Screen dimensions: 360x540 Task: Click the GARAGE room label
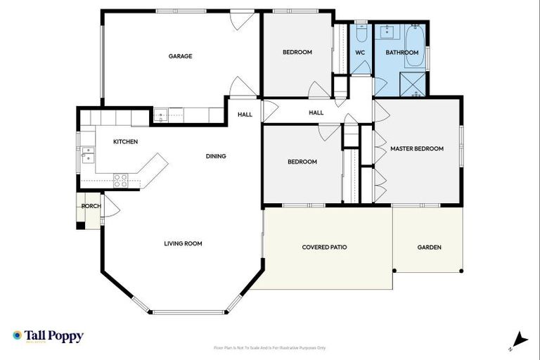[180, 56]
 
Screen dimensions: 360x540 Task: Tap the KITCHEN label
[125, 142]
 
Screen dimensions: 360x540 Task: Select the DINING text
[216, 156]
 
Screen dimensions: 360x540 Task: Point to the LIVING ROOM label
[183, 244]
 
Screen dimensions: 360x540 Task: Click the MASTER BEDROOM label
[417, 149]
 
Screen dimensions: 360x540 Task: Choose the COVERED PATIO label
[324, 247]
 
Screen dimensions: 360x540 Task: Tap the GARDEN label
[429, 247]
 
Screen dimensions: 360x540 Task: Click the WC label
[360, 53]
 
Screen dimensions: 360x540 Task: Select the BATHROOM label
[402, 53]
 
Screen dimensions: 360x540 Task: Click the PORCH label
[90, 206]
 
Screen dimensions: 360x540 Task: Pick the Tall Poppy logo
[48, 336]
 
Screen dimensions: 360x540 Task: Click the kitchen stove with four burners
[120, 181]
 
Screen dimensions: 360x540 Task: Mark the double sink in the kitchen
[86, 154]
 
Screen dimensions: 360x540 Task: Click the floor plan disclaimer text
[270, 348]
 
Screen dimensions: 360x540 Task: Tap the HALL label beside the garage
[245, 115]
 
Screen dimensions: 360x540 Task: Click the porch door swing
[111, 207]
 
